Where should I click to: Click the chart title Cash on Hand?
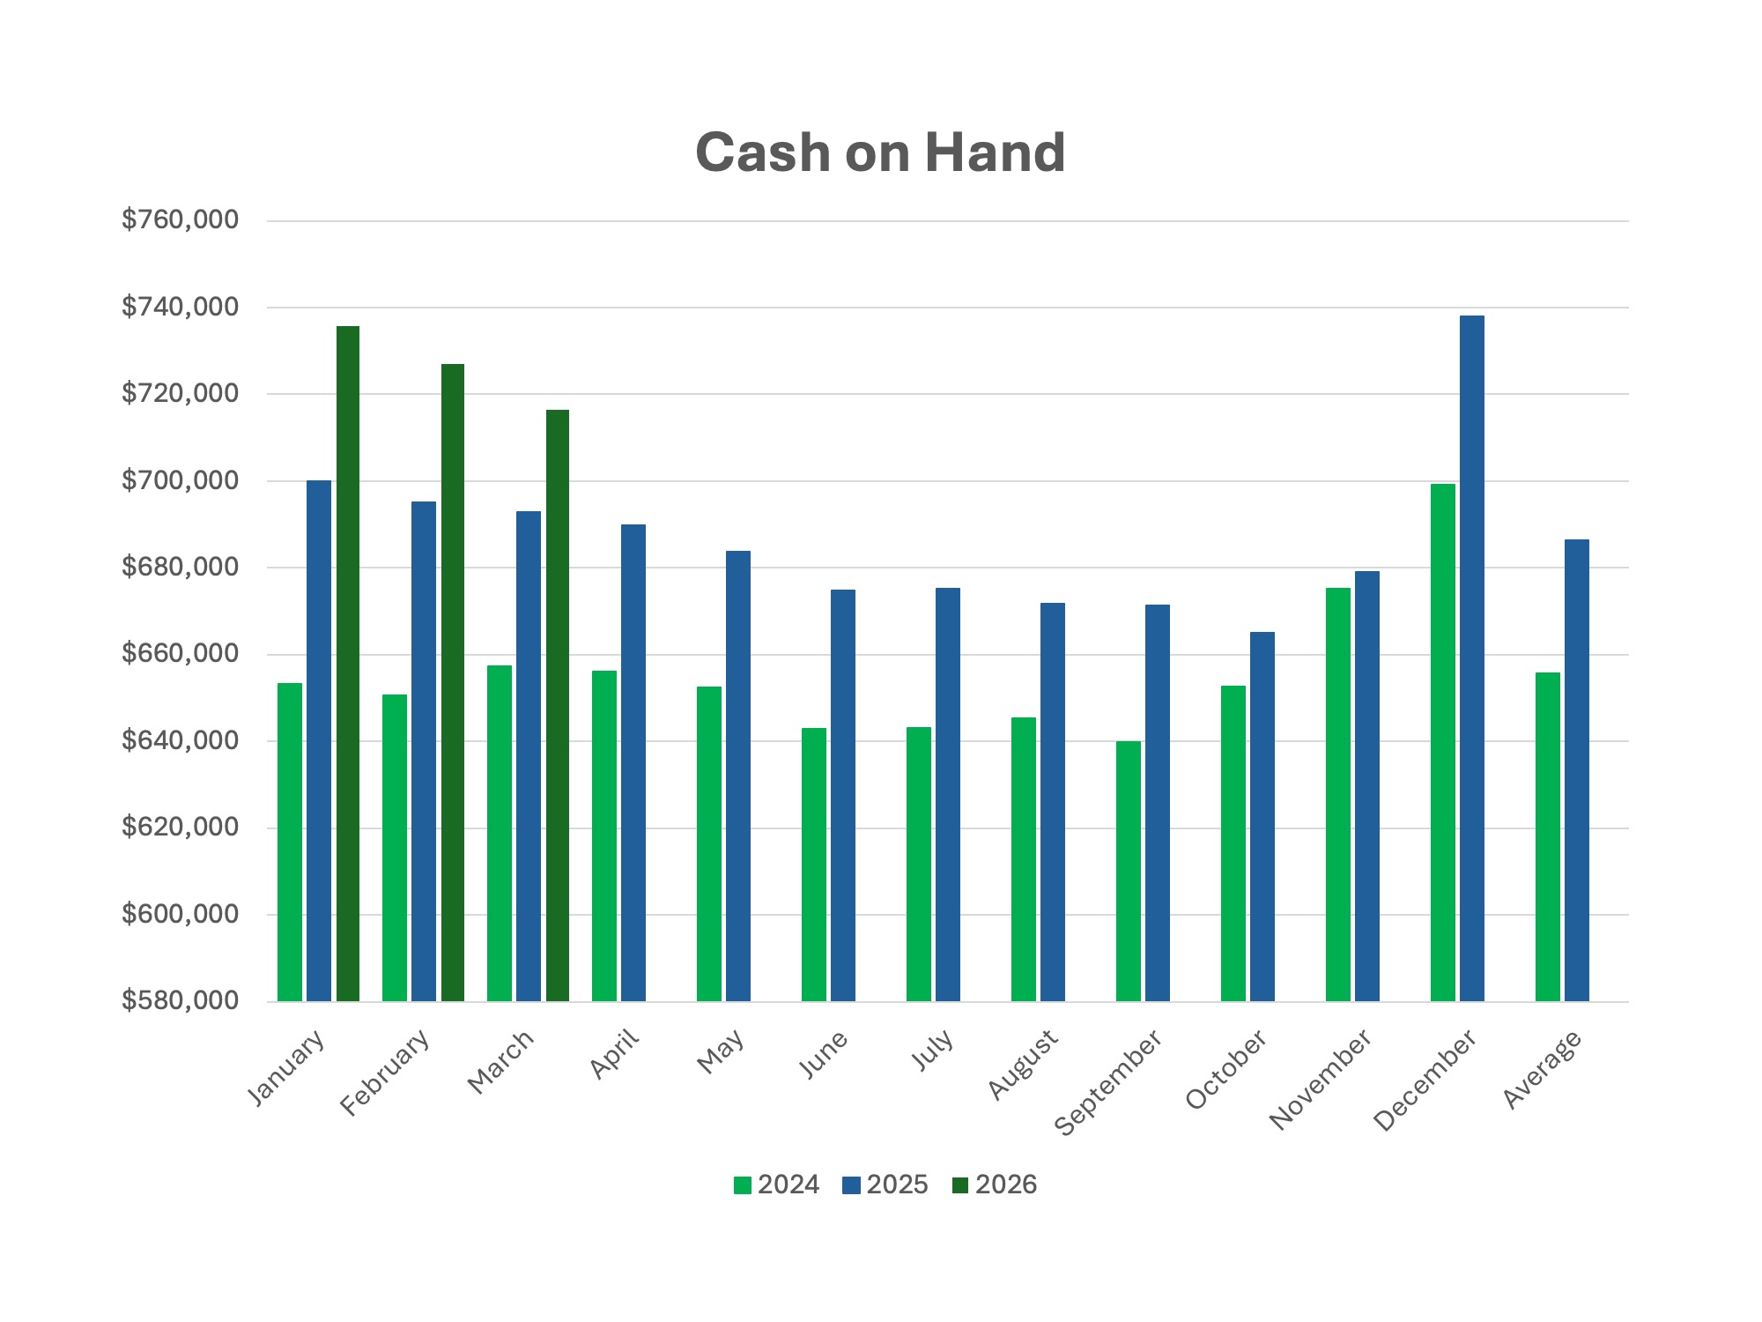pos(880,152)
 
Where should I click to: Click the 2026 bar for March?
pos(558,705)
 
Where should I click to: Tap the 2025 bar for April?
pos(633,762)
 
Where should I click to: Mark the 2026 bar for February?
pos(453,682)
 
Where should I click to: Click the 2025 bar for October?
pos(1262,816)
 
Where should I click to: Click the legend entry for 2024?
pos(777,1185)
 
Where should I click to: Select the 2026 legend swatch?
pos(959,1185)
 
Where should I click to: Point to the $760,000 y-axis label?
pos(180,219)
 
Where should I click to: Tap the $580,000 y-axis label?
pos(180,1000)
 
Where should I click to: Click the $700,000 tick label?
pos(180,480)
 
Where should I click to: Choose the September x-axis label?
pos(1108,1082)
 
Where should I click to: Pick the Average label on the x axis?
pos(1542,1069)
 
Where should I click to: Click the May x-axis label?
pos(721,1051)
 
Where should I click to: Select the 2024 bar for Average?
pos(1547,836)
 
